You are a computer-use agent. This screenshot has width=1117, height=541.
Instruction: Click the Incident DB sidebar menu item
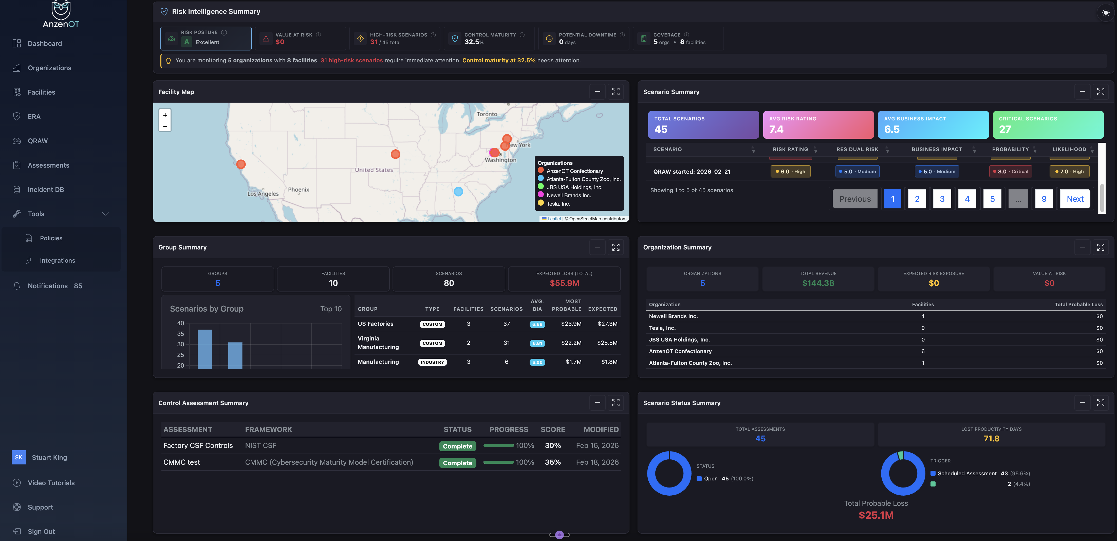tap(46, 190)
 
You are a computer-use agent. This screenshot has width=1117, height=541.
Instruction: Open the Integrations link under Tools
tap(57, 260)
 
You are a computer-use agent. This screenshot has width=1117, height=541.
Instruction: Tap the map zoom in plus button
tap(165, 115)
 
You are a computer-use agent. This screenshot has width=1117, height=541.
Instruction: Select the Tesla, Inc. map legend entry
tap(558, 204)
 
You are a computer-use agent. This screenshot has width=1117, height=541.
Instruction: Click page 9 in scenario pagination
tap(1044, 199)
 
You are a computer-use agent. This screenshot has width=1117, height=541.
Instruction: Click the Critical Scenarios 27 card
tap(1048, 124)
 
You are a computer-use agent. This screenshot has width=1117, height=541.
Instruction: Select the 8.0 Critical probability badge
tap(1010, 171)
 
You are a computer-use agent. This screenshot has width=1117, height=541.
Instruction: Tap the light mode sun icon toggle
tap(1105, 13)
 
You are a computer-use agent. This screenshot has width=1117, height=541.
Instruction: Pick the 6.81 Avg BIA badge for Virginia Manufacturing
tap(537, 343)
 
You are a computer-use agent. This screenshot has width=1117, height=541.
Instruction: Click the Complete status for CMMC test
tap(457, 463)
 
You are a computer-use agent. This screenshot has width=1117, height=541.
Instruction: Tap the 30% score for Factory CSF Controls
tap(552, 446)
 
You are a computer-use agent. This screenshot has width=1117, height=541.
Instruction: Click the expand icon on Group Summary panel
tap(615, 247)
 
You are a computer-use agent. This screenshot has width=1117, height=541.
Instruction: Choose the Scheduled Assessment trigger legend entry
tap(966, 473)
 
